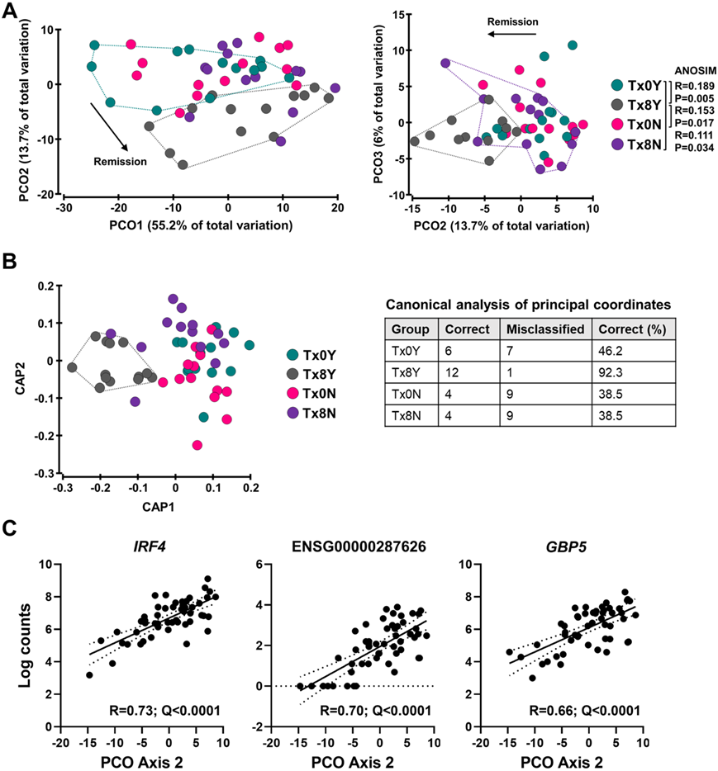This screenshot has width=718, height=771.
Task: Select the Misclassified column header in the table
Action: click(543, 328)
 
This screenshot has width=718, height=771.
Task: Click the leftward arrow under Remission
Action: click(511, 34)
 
